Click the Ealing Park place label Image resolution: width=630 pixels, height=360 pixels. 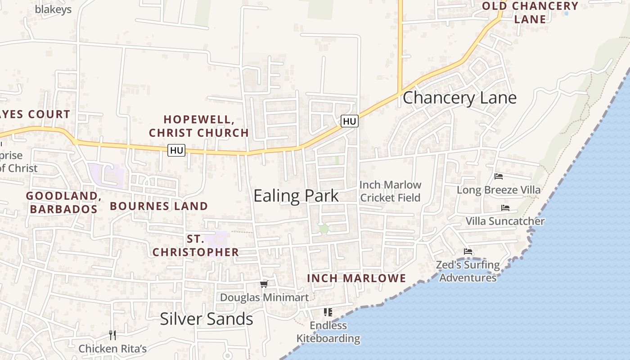click(296, 196)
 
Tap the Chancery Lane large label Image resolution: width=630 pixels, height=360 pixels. click(459, 98)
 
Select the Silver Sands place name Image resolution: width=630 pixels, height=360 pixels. click(207, 319)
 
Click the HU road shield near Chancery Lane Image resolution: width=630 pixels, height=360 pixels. click(349, 121)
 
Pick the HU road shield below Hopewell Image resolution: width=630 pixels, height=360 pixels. click(176, 150)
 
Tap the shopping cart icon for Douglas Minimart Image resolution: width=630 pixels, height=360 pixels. click(264, 284)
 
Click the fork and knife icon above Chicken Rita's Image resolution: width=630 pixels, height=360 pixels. click(112, 335)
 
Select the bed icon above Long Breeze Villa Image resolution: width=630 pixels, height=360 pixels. click(498, 176)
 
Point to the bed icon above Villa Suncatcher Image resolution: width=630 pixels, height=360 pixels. click(505, 208)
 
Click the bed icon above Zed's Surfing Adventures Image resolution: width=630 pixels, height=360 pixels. click(468, 252)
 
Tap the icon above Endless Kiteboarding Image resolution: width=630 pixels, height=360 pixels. click(328, 312)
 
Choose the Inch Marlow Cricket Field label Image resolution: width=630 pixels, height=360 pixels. click(390, 191)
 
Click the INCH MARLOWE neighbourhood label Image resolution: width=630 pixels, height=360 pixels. click(356, 279)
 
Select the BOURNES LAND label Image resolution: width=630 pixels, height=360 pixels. click(159, 206)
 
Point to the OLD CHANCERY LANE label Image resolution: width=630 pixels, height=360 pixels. click(530, 13)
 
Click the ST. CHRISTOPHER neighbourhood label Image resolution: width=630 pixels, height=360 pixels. click(196, 246)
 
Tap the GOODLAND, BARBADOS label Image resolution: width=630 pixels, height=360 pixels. click(63, 202)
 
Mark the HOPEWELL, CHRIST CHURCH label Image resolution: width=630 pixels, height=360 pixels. click(199, 126)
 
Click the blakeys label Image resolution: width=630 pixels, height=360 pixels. click(53, 9)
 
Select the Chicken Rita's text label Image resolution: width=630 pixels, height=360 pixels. click(112, 349)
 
